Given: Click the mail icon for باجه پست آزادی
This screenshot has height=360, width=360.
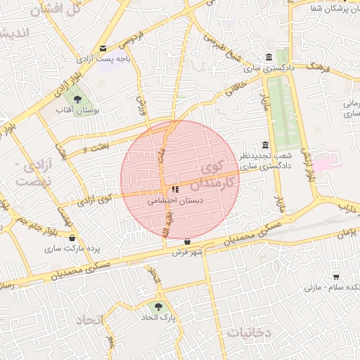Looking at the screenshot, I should pyautogui.click(x=104, y=49).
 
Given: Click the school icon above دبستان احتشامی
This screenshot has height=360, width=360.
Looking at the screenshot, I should pyautogui.click(x=174, y=189).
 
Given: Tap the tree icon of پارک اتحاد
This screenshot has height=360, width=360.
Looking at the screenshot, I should pyautogui.click(x=157, y=307).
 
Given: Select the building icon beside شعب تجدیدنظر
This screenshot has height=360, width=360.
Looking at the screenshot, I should pyautogui.click(x=265, y=144).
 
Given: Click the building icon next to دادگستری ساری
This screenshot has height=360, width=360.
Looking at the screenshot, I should pyautogui.click(x=269, y=58).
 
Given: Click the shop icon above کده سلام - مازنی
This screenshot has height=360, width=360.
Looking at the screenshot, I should pyautogui.click(x=336, y=276).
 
